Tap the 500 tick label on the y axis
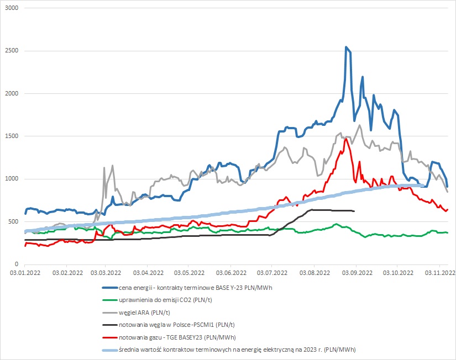click(13, 221)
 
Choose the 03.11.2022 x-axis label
click(439, 273)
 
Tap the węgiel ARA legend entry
click(138, 313)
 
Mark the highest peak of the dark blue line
click(346, 47)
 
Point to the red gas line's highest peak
click(345, 139)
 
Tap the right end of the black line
click(354, 211)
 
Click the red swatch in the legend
click(107, 337)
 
